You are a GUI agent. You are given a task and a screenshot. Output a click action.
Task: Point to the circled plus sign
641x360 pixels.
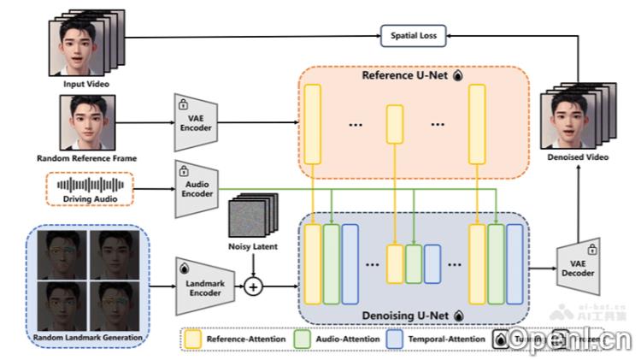pos(252,286)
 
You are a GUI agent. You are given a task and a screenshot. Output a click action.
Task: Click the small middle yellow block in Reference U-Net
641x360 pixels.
pos(394,125)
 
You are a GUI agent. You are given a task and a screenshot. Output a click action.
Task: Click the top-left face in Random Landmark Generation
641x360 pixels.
pos(63,254)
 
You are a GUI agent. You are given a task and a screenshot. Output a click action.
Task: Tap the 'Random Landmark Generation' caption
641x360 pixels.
pos(87,338)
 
